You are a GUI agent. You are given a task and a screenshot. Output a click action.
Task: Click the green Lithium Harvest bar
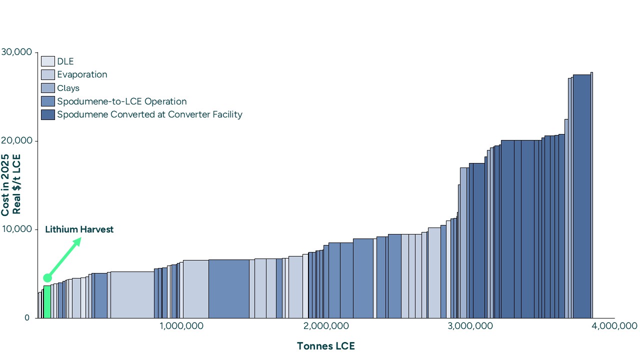(x=47, y=302)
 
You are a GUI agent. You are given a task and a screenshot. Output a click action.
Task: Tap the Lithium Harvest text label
(x=79, y=229)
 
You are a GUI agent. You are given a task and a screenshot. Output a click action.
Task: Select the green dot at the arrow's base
(x=47, y=277)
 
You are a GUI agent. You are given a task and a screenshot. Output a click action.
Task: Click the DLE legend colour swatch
(x=47, y=61)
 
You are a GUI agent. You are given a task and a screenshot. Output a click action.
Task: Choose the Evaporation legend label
(x=82, y=74)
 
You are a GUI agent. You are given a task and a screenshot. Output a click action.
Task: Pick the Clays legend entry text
(x=68, y=88)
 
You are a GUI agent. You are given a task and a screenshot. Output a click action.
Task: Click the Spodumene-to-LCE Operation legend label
(x=121, y=101)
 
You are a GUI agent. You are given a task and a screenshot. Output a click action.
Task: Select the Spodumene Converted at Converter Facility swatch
(x=47, y=114)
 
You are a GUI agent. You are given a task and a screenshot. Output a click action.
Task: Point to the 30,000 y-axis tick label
(x=16, y=52)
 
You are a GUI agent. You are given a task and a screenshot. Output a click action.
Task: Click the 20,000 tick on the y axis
(x=16, y=141)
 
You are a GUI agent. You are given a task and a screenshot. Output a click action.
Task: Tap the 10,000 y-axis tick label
(x=16, y=229)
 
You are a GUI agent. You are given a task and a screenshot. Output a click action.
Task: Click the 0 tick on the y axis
(x=27, y=318)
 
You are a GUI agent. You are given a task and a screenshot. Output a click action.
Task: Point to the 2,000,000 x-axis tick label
(x=325, y=326)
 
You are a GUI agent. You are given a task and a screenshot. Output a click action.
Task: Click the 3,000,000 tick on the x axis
(x=470, y=326)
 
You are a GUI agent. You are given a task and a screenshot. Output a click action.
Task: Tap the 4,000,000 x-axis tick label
(x=614, y=326)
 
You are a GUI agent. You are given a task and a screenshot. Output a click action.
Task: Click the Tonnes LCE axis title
(x=325, y=346)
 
